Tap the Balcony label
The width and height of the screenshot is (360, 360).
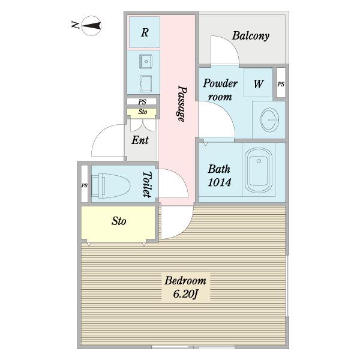click(251, 36)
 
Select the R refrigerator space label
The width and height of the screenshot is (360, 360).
click(145, 32)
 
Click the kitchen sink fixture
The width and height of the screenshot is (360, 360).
click(146, 61)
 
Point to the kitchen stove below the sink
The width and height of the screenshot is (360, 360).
click(146, 83)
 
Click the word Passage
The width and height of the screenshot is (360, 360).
click(182, 104)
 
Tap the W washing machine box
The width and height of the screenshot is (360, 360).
click(258, 83)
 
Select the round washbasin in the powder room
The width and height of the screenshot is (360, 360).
click(269, 119)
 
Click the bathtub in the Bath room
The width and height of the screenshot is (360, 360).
click(259, 170)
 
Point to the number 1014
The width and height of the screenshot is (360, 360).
click(219, 182)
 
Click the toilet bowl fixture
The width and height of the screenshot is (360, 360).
click(111, 185)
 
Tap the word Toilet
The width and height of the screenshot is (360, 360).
click(147, 184)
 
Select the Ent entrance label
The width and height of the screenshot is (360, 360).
click(140, 140)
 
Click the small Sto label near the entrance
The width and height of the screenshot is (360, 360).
click(143, 112)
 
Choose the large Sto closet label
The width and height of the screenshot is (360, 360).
click(119, 221)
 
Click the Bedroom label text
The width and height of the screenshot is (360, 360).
click(185, 281)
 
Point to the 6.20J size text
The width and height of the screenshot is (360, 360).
click(185, 294)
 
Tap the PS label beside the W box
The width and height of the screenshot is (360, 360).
click(281, 84)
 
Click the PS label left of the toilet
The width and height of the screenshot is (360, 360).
click(85, 185)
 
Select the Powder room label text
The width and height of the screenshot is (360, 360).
click(220, 90)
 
